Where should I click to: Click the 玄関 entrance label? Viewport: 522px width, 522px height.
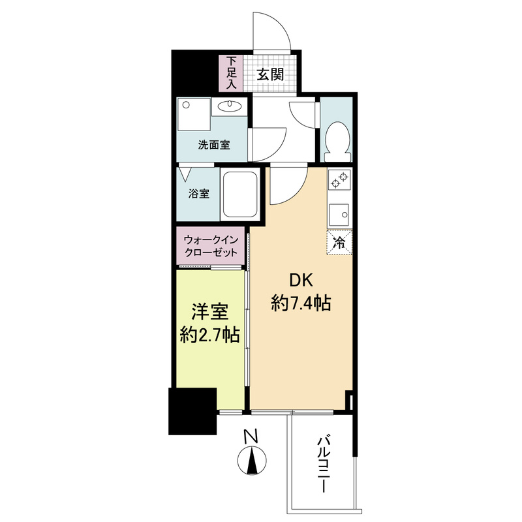pos(270,74)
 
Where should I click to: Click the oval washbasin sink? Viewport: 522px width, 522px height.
pos(229,106)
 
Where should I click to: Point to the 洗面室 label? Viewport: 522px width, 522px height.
pos(214,145)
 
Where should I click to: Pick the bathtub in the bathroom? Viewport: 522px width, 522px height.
pos(239,194)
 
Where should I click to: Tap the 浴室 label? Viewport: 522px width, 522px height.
pos(199,194)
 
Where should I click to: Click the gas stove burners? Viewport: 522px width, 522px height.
pos(339,179)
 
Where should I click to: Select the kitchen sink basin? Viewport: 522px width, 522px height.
pos(339,215)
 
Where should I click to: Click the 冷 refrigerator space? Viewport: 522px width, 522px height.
pos(339,243)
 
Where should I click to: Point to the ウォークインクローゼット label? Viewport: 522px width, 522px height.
pos(211,246)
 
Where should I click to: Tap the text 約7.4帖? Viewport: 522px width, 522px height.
pos(301,303)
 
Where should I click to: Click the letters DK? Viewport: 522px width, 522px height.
pos(301,281)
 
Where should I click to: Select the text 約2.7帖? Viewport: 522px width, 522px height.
pos(209,335)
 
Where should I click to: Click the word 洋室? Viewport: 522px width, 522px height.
pos(209,312)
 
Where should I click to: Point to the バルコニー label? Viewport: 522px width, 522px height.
pos(323,465)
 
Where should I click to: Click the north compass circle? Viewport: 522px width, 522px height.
pos(252,461)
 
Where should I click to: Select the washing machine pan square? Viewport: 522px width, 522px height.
pos(194,114)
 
